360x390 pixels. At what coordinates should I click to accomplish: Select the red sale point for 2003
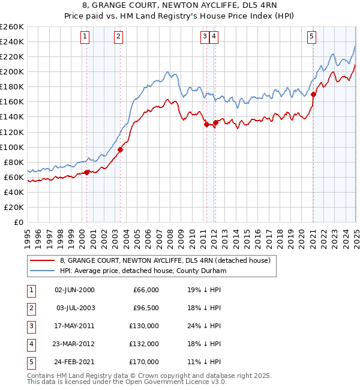120,149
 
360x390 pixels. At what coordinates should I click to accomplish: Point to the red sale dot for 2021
313,94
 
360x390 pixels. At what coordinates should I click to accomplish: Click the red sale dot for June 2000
86,172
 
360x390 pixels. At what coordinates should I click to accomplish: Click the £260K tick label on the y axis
12,26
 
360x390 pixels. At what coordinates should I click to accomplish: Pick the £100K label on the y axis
12,147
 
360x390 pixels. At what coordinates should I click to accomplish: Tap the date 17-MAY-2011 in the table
74,326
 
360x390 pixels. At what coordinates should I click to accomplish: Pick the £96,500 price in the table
145,308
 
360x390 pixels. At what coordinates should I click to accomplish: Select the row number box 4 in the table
31,344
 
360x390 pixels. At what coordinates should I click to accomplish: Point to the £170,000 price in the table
143,362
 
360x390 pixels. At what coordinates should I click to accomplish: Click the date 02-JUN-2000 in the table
74,290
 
